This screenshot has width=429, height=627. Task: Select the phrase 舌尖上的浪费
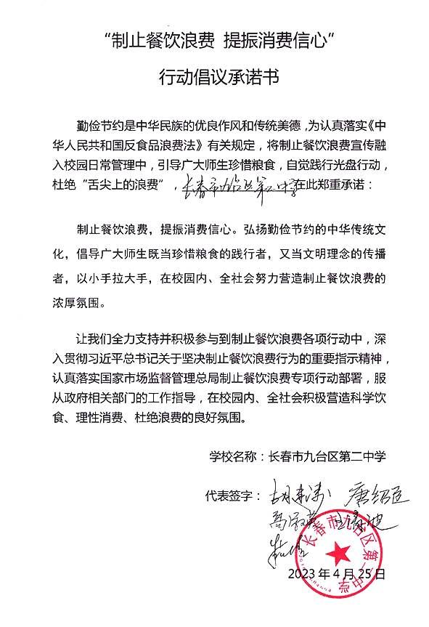coord(136,185)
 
